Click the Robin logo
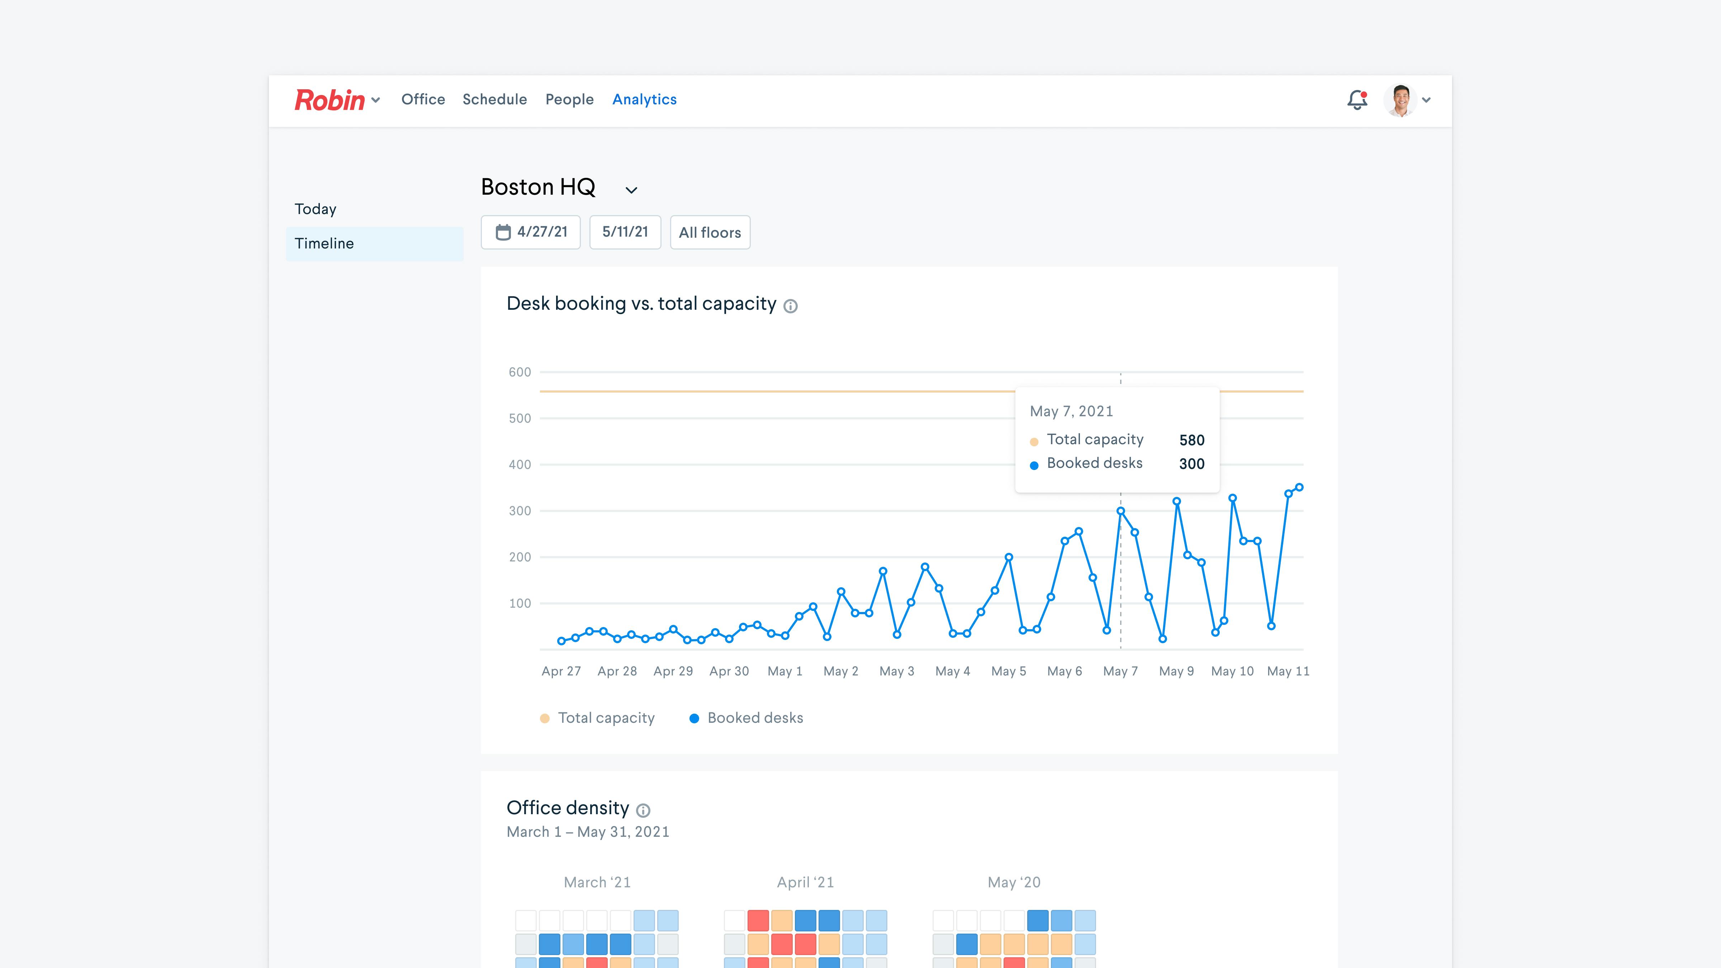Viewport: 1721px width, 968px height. tap(329, 100)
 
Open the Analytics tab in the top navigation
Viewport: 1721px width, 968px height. tap(644, 100)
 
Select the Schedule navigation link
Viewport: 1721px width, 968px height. tap(494, 100)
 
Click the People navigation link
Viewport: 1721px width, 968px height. tap(569, 100)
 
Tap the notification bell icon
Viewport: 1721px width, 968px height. tap(1357, 100)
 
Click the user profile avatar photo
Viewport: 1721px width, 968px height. tap(1400, 100)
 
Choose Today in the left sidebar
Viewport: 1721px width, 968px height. tap(316, 209)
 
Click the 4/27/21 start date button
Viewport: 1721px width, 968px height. tap(531, 232)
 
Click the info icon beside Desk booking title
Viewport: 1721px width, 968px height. tap(790, 306)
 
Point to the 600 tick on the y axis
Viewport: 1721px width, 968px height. tap(520, 372)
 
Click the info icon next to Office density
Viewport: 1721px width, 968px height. tap(643, 810)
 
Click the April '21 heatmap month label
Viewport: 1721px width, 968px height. tap(805, 882)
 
